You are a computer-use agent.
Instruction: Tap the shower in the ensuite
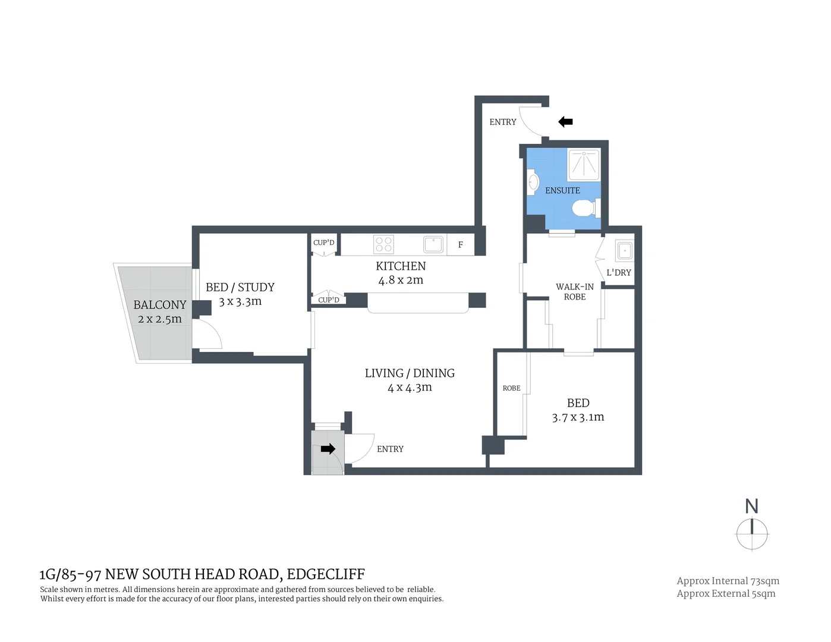click(583, 165)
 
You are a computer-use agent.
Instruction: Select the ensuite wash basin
click(533, 181)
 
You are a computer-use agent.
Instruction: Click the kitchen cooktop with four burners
click(383, 244)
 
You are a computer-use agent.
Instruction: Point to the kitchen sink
click(433, 244)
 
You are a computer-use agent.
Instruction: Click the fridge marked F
click(461, 245)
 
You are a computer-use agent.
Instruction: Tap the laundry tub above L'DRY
click(625, 250)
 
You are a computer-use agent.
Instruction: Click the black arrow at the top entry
click(565, 122)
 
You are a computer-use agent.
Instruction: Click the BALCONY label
click(160, 305)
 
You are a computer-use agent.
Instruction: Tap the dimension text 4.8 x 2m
click(401, 280)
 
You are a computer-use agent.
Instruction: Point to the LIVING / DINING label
click(410, 373)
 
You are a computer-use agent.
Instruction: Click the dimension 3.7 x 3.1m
click(578, 417)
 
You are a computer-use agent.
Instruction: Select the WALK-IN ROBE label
click(574, 291)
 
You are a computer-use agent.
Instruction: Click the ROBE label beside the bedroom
click(511, 388)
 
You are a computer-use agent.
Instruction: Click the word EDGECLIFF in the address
click(326, 574)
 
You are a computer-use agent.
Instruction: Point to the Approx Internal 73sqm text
click(728, 581)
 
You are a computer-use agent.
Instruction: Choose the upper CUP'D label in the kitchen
click(324, 243)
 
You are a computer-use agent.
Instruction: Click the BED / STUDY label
click(240, 287)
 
